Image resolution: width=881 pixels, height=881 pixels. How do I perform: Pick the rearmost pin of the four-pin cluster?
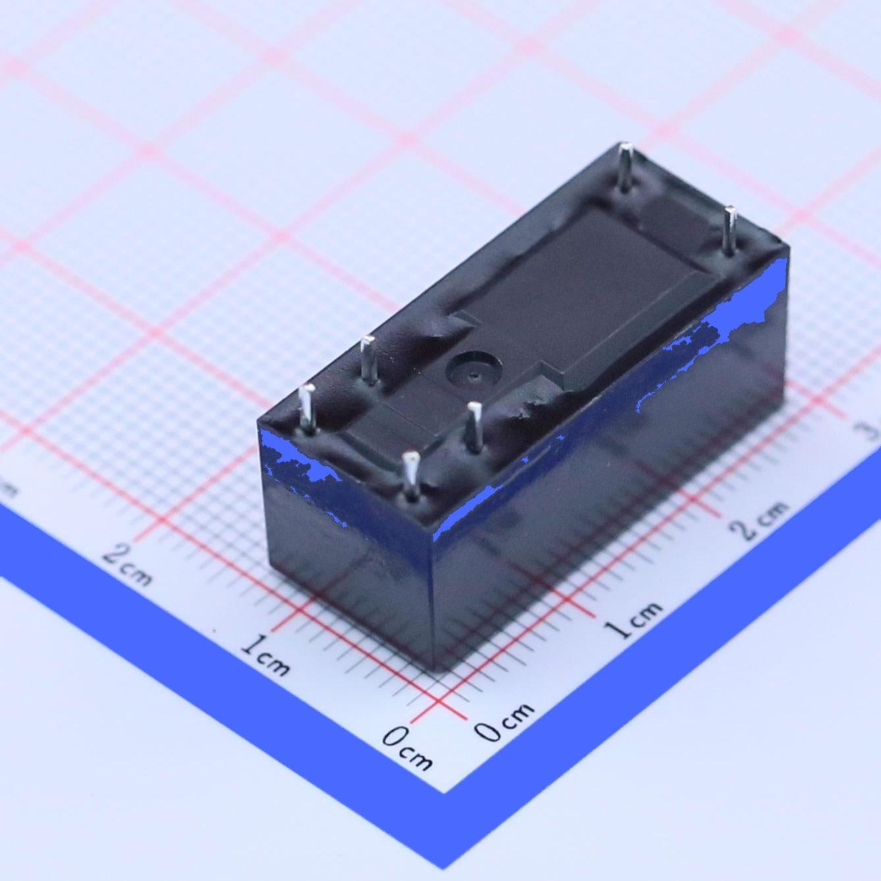coord(369,358)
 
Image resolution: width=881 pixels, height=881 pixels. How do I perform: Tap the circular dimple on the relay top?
coord(473,369)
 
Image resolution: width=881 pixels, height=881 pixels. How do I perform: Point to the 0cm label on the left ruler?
coord(408,747)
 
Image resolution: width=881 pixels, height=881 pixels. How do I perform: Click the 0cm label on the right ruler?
coord(504,721)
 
